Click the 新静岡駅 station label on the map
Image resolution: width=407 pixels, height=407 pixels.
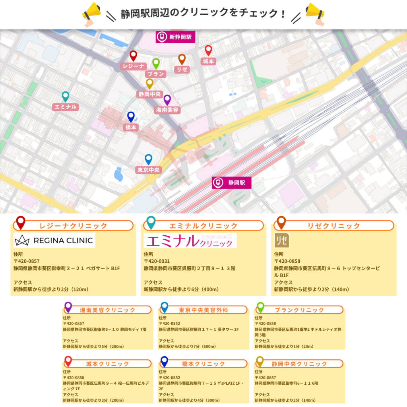pyautogui.click(x=176, y=37)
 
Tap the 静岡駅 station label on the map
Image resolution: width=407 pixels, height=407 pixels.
pyautogui.click(x=232, y=183)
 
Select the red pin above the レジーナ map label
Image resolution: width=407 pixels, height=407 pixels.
pyautogui.click(x=133, y=56)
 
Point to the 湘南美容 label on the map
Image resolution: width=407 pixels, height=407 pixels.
pyautogui.click(x=167, y=110)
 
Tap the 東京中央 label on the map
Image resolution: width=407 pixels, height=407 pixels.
pyautogui.click(x=149, y=170)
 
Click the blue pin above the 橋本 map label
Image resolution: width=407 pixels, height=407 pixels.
pyautogui.click(x=131, y=117)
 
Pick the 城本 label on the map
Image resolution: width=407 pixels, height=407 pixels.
pyautogui.click(x=208, y=61)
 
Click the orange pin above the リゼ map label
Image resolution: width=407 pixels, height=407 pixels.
pyautogui.click(x=182, y=59)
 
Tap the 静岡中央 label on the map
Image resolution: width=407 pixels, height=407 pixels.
pyautogui.click(x=149, y=94)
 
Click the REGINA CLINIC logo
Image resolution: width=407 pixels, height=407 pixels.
pyautogui.click(x=54, y=240)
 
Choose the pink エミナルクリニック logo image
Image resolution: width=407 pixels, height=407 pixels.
pyautogui.click(x=190, y=240)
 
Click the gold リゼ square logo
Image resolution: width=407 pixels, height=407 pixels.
pyautogui.click(x=282, y=240)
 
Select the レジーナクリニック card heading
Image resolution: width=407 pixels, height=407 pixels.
pyautogui.click(x=73, y=226)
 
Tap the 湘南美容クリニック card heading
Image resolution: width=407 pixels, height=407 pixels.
pyautogui.click(x=107, y=310)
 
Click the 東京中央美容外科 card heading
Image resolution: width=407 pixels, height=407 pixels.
pyautogui.click(x=203, y=310)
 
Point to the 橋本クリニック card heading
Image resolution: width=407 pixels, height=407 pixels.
pyautogui.click(x=203, y=364)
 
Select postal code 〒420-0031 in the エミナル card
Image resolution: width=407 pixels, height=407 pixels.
pyautogui.click(x=157, y=261)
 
